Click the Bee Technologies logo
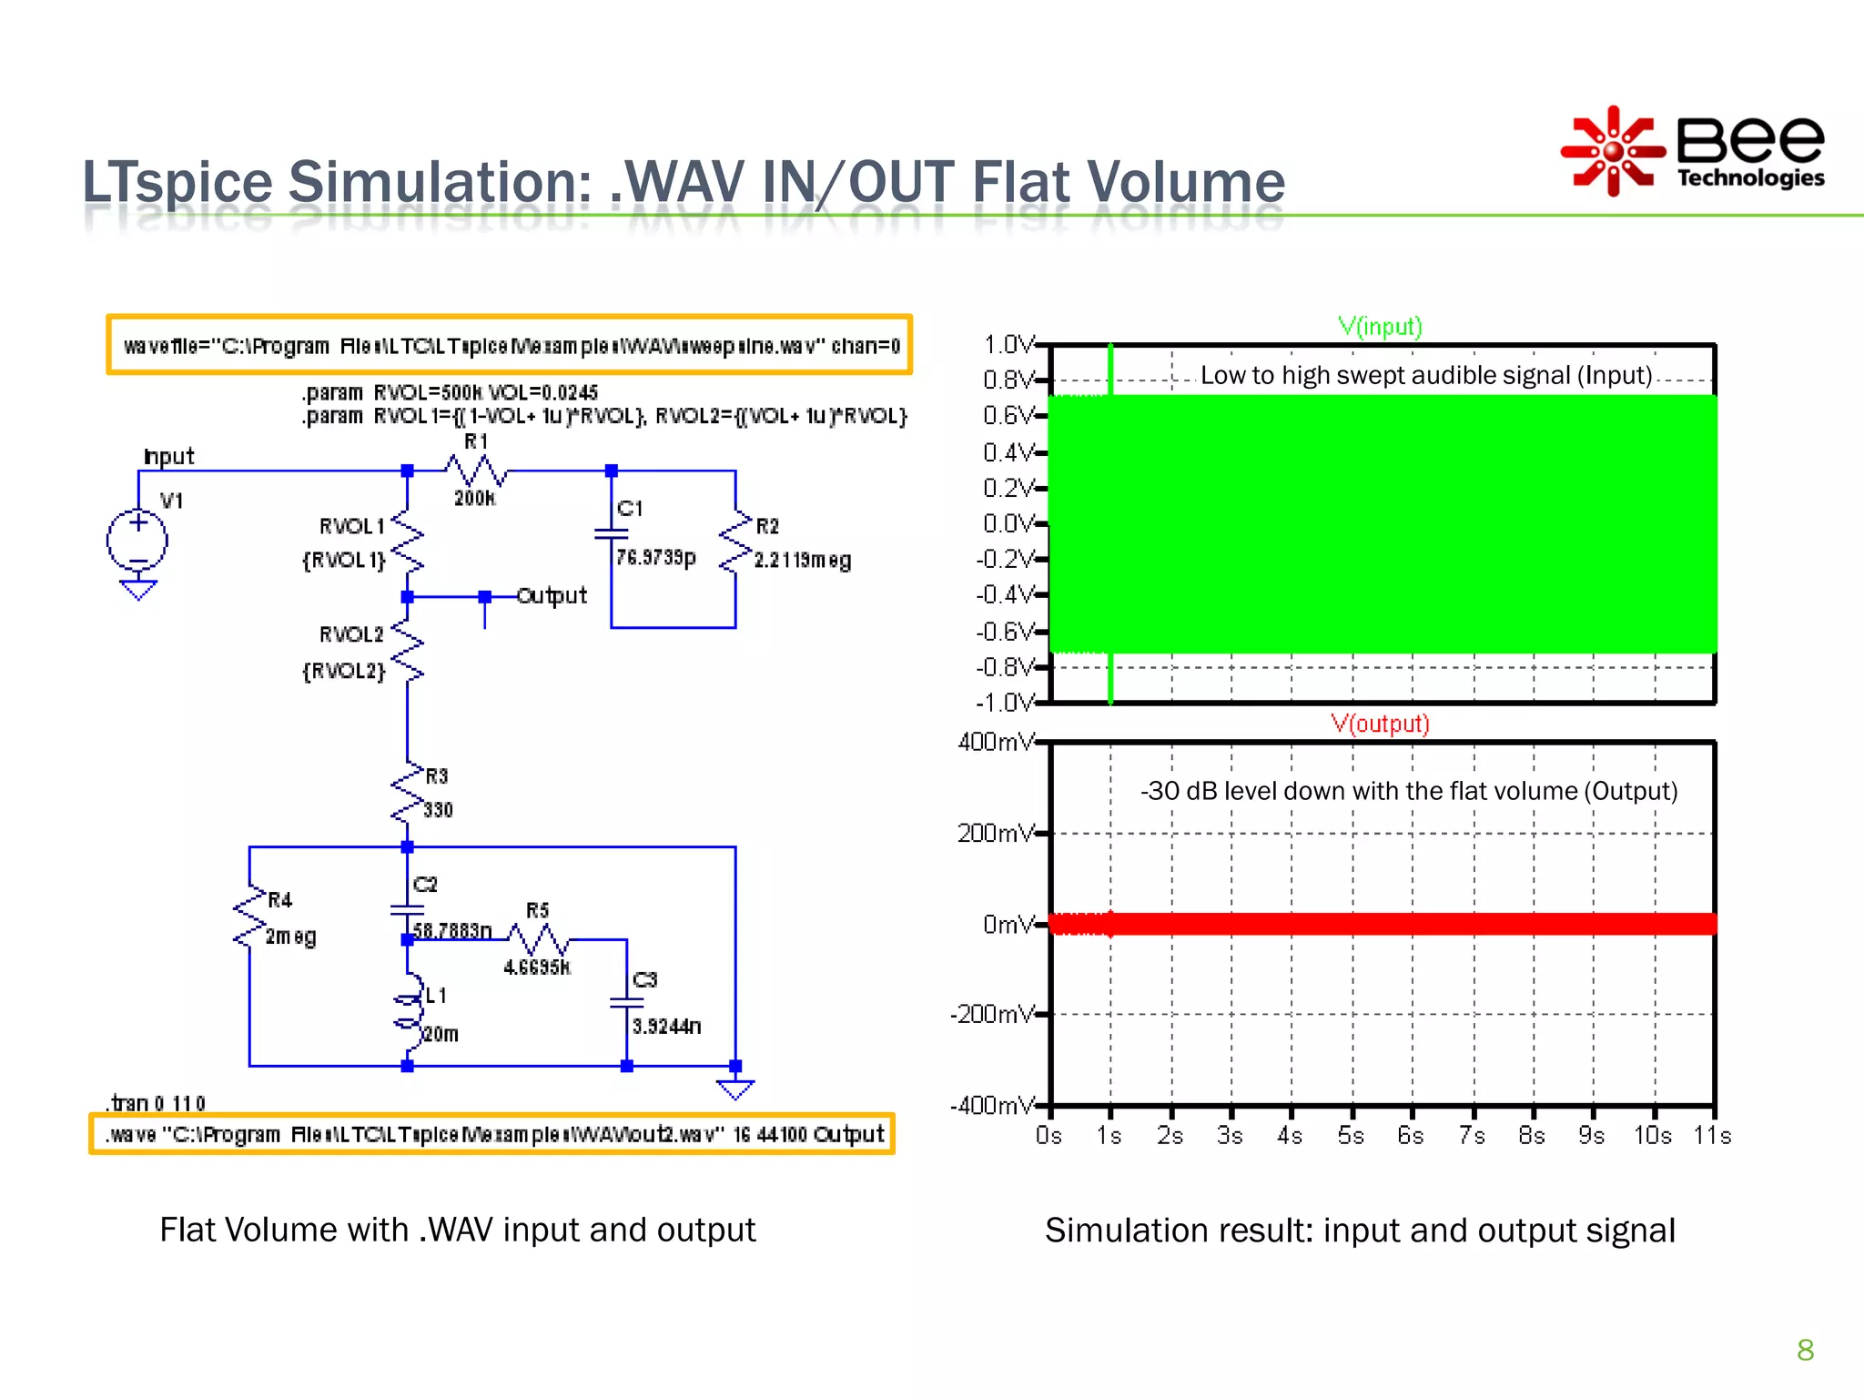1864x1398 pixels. [1693, 151]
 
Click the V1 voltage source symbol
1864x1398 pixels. [137, 540]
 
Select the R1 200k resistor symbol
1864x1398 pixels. [476, 471]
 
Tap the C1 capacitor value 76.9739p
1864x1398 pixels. [655, 557]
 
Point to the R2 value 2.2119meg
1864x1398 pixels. [802, 560]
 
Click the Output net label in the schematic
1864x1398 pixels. [552, 596]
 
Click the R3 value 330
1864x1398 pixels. [438, 810]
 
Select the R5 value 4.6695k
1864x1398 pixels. [537, 967]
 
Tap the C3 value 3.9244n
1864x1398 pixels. [666, 1027]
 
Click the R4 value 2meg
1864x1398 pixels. [290, 937]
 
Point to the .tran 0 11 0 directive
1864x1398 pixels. [157, 1103]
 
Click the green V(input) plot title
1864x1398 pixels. [1380, 326]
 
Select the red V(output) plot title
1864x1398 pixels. [1380, 724]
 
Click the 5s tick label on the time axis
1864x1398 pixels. [1351, 1136]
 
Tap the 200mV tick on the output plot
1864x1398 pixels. [996, 833]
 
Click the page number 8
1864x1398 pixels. [1806, 1350]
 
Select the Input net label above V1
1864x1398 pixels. [169, 456]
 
